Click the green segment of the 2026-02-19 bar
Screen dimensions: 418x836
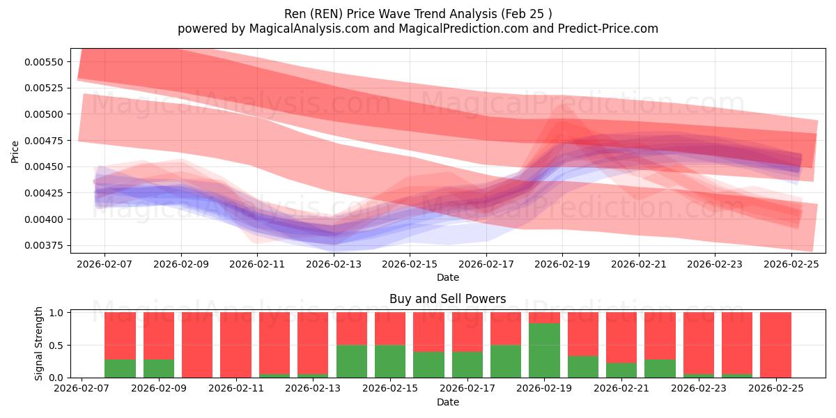pos(544,350)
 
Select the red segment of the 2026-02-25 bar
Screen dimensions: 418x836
pos(775,344)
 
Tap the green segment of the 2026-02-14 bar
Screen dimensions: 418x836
pos(351,361)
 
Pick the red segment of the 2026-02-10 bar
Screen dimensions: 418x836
pos(197,344)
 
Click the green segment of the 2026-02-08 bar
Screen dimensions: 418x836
pos(120,368)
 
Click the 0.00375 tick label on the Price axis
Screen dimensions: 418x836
pos(44,245)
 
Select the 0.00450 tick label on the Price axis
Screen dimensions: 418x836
pos(44,167)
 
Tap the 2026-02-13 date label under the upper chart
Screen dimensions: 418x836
pos(334,265)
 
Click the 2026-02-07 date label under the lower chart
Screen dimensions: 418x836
pos(82,389)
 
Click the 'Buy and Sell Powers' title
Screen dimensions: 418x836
pos(447,299)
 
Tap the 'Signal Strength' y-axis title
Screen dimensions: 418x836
pos(39,343)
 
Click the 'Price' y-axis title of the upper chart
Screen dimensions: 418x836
pos(15,151)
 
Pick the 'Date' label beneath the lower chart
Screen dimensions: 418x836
pos(447,402)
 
